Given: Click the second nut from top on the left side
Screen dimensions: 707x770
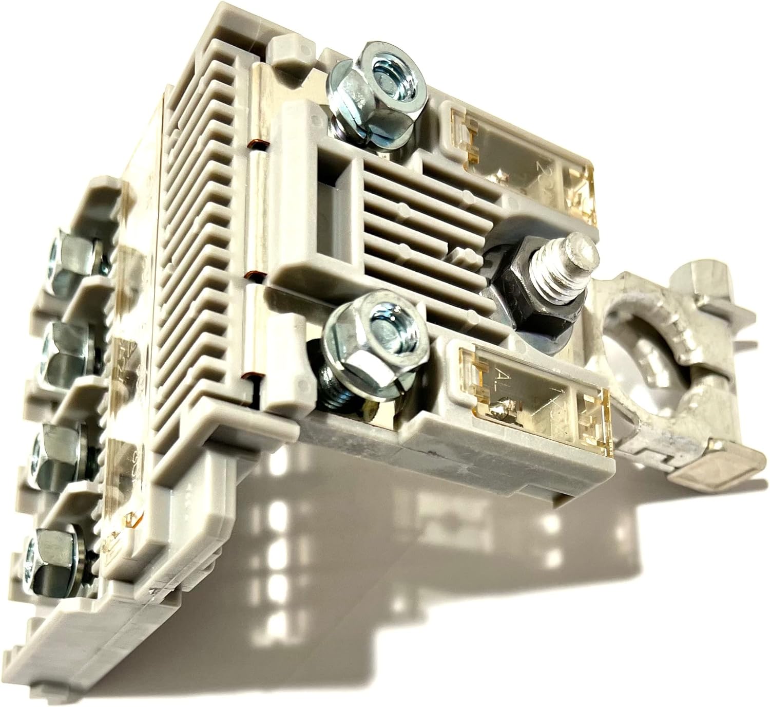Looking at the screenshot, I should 62,352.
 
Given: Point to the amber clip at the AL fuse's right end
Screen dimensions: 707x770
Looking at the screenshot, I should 590,416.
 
